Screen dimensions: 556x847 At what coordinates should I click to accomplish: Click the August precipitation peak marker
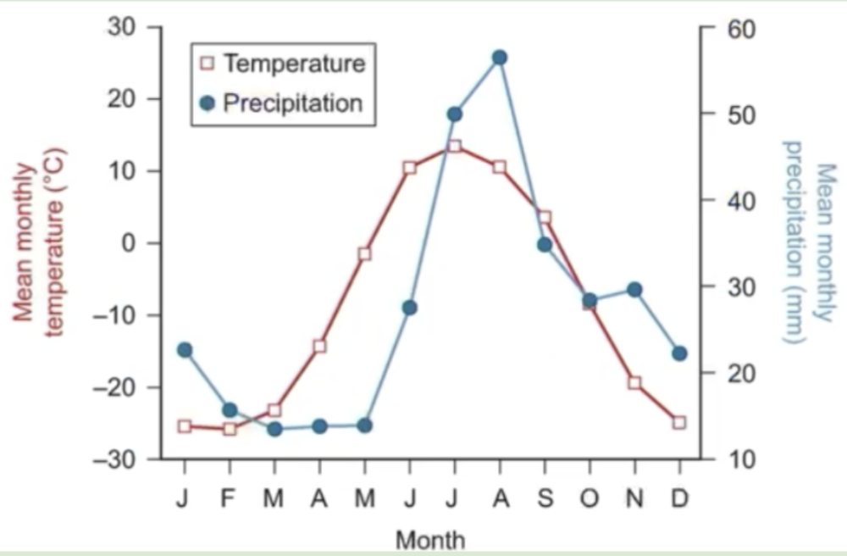[x=500, y=58]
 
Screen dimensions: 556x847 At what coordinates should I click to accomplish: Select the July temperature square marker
[x=455, y=146]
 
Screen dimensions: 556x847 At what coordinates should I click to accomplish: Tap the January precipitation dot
[x=185, y=350]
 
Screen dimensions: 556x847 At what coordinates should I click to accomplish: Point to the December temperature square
[x=679, y=422]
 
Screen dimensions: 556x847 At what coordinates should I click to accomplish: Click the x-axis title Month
[x=430, y=540]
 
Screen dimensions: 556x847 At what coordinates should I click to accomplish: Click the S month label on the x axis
[x=545, y=499]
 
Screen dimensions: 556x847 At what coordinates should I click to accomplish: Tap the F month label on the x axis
[x=229, y=499]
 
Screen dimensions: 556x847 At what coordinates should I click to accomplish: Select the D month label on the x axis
[x=679, y=499]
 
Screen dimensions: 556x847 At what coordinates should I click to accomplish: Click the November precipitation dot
[x=634, y=290]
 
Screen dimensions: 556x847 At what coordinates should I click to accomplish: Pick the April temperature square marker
[x=319, y=346]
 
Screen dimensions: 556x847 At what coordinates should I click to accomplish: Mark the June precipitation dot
[x=410, y=308]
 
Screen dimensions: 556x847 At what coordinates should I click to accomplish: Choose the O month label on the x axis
[x=590, y=499]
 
